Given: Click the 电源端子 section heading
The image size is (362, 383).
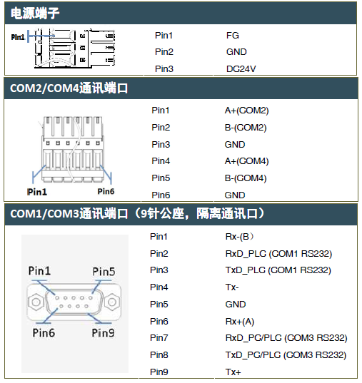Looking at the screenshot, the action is tap(35, 13).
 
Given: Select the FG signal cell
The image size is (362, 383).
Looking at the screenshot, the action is tap(232, 36).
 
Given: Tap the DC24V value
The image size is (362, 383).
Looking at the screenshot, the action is tap(241, 69).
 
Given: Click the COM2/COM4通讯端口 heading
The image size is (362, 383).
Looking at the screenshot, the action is tap(69, 88).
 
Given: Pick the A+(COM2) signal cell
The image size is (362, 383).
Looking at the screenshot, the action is tap(246, 111).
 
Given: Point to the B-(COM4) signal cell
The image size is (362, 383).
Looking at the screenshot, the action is tap(246, 178).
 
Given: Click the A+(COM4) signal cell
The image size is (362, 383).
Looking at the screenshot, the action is tap(246, 161).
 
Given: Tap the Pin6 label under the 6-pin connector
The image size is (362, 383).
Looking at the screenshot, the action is tap(106, 191).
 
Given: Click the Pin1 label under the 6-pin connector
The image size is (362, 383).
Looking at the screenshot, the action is tap(37, 192).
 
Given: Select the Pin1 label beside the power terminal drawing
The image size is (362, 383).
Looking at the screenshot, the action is tap(18, 37).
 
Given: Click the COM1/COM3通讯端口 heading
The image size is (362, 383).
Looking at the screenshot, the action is tap(69, 213).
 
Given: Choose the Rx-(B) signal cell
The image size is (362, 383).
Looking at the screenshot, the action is tap(239, 237).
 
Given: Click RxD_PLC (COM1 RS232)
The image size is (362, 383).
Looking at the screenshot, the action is tap(278, 253).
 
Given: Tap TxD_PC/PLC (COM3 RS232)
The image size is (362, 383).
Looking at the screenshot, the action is tap(286, 355).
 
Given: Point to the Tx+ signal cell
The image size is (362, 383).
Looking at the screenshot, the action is tap(233, 372).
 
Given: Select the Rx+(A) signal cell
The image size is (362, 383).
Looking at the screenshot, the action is tap(240, 322).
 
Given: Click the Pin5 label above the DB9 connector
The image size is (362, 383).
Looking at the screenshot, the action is tap(104, 271).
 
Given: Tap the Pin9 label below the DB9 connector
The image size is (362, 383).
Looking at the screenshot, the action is tap(103, 332).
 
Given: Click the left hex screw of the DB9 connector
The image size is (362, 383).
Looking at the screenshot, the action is tap(36, 302).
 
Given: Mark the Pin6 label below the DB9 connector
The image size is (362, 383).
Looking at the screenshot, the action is tap(44, 332).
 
